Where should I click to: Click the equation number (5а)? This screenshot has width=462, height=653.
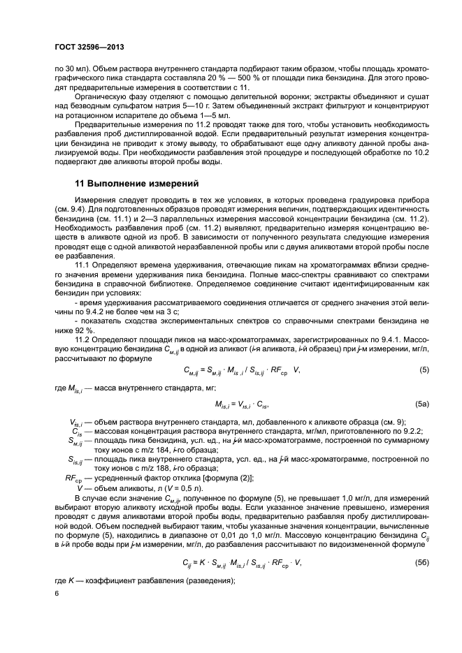pos(421,404)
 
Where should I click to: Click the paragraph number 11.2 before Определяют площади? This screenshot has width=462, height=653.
pos(82,342)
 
